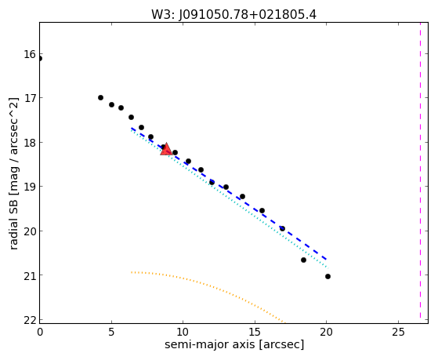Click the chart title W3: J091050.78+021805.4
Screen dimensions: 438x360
click(233, 15)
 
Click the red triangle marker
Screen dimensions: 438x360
click(166, 149)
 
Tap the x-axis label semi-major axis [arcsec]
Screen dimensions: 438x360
click(234, 344)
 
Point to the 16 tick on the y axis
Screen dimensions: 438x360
click(29, 54)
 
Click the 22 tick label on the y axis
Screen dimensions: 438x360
click(29, 320)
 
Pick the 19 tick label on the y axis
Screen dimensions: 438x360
click(29, 187)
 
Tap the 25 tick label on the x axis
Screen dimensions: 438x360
click(398, 332)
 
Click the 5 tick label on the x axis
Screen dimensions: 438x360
click(111, 332)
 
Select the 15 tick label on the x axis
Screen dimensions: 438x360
click(255, 332)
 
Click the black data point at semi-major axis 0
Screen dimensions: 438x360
click(40, 59)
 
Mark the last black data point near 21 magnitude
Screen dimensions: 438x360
click(328, 276)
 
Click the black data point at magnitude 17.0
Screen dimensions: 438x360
click(100, 97)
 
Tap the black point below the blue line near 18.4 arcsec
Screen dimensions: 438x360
click(304, 260)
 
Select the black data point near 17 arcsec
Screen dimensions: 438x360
click(282, 228)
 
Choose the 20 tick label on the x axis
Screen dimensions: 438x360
click(326, 332)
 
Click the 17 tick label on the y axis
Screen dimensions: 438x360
click(29, 98)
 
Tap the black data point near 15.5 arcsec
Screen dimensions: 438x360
click(262, 211)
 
